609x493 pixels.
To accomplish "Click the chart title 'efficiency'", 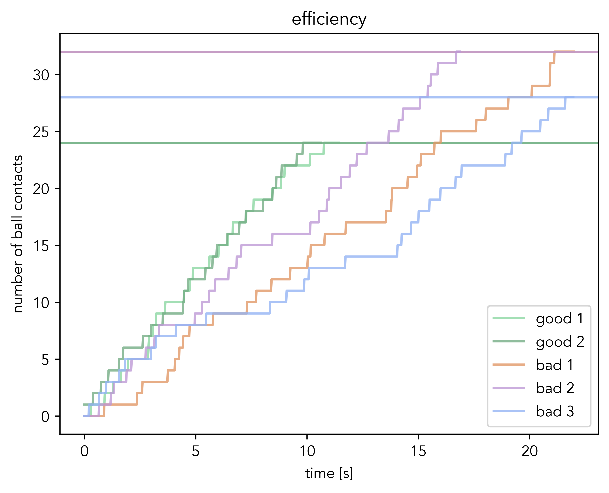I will coord(329,19).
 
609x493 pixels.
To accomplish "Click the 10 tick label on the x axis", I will coord(307,451).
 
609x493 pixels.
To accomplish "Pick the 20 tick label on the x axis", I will coord(530,451).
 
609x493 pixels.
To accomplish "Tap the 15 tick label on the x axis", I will coord(418,451).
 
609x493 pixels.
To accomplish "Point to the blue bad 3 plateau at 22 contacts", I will coord(483,165).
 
